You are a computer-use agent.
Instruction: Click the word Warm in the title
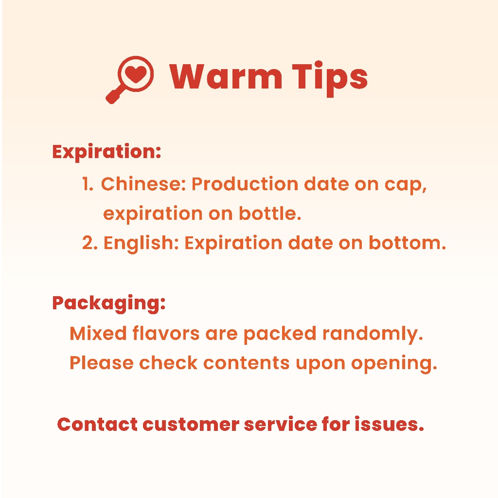[x=226, y=76]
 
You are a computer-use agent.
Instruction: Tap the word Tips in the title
[x=330, y=78]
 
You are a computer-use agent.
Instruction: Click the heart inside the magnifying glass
[x=136, y=74]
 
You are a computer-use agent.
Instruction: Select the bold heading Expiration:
[x=107, y=152]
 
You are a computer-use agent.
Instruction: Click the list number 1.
[x=88, y=184]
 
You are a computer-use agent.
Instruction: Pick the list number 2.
[x=90, y=243]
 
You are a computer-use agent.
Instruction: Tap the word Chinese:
[x=143, y=184]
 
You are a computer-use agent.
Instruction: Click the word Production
[x=245, y=184]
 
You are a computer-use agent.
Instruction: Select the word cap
[x=406, y=185]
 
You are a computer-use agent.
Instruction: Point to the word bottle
[x=270, y=213]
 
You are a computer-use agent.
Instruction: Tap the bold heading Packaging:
[x=109, y=304]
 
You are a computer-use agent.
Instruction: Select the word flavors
[x=166, y=334]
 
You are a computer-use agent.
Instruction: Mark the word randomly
[x=373, y=335]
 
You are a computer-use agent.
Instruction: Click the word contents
[x=247, y=363]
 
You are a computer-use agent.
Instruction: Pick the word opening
[x=394, y=364]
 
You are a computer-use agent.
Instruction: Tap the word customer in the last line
[x=191, y=425]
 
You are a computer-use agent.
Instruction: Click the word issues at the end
[x=390, y=424]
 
